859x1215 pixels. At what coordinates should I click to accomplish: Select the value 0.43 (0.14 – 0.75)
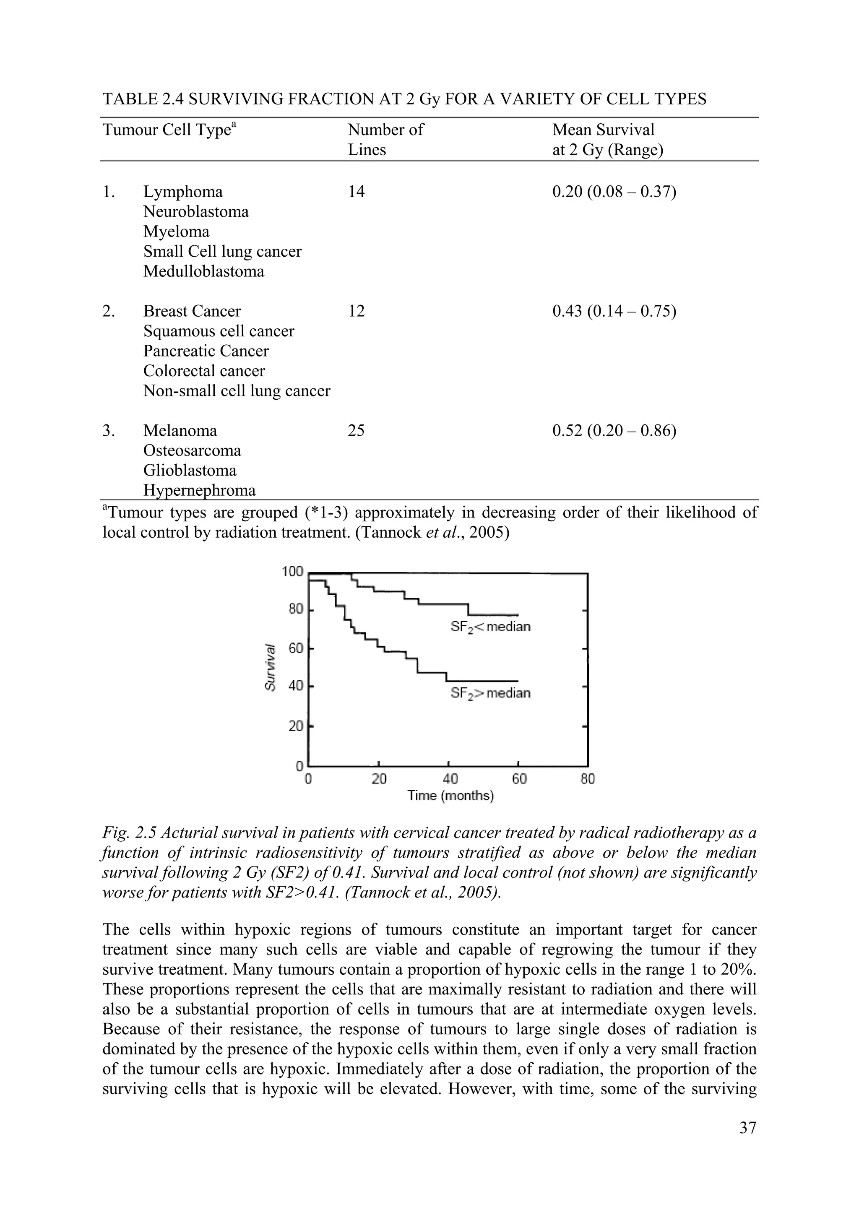tap(614, 311)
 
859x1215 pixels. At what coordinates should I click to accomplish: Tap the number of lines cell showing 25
tap(356, 431)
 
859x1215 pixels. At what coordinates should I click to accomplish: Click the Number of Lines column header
tap(385, 140)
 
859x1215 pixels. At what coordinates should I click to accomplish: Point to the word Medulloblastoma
tap(203, 271)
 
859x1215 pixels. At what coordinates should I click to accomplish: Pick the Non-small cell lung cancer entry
tap(237, 391)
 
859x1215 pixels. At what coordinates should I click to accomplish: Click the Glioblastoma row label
tap(190, 471)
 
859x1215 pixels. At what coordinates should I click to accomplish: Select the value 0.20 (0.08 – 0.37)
tap(614, 192)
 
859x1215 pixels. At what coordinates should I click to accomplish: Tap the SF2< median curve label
tap(489, 627)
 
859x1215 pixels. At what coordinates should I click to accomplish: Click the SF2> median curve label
tap(489, 693)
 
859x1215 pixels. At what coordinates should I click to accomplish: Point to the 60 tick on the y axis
tap(295, 648)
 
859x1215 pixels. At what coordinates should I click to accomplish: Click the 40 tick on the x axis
tap(449, 779)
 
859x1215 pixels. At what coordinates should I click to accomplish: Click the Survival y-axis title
tap(270, 667)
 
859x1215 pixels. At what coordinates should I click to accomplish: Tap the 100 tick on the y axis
tap(292, 572)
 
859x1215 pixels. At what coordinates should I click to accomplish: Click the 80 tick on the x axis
tap(588, 779)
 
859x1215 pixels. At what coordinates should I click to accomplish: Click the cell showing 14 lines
tap(356, 192)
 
